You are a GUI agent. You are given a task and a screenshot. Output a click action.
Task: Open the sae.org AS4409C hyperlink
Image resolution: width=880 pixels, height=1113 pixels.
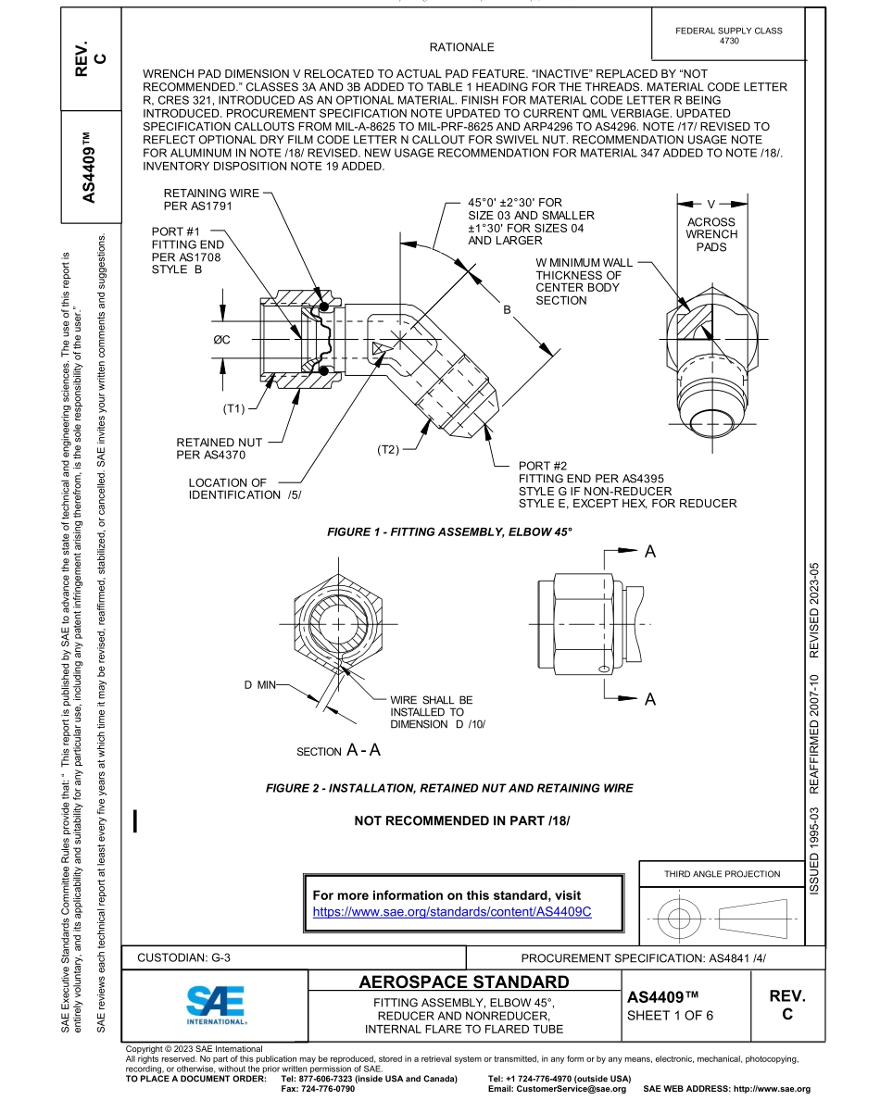[x=452, y=911]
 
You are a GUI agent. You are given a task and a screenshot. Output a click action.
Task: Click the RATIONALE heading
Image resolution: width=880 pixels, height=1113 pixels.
[x=461, y=47]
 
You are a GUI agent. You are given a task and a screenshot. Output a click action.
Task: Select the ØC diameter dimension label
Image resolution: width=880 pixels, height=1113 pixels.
[x=220, y=340]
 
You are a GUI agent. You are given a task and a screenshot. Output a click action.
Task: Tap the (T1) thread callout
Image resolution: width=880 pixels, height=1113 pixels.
[x=233, y=408]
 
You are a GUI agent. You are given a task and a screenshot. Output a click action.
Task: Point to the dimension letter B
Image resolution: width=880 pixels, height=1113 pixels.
[x=507, y=310]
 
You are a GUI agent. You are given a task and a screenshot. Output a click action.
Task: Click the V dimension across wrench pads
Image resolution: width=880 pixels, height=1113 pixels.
[x=711, y=203]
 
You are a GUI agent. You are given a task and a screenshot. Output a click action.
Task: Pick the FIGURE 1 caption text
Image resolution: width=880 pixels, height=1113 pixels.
[x=450, y=532]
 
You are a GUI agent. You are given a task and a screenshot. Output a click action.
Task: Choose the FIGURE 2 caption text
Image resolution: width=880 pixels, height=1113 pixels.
[x=449, y=788]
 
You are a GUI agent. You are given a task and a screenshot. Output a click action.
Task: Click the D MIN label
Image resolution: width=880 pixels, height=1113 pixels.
[x=260, y=684]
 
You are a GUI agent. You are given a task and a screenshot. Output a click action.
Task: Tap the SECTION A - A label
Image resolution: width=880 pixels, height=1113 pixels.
[x=338, y=751]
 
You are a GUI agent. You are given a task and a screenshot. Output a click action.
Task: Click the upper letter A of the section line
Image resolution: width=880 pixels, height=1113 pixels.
[x=649, y=552]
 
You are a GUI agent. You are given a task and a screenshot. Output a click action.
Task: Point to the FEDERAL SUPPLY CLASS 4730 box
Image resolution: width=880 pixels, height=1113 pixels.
[x=729, y=36]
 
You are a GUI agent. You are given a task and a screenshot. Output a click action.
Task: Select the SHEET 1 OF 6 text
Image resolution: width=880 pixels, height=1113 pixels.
[x=670, y=1014]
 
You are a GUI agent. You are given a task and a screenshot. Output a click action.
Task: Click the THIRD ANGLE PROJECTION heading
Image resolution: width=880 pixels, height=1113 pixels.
[x=722, y=873]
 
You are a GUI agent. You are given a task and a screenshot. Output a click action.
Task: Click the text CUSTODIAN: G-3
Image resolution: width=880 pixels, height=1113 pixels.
[x=190, y=958]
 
